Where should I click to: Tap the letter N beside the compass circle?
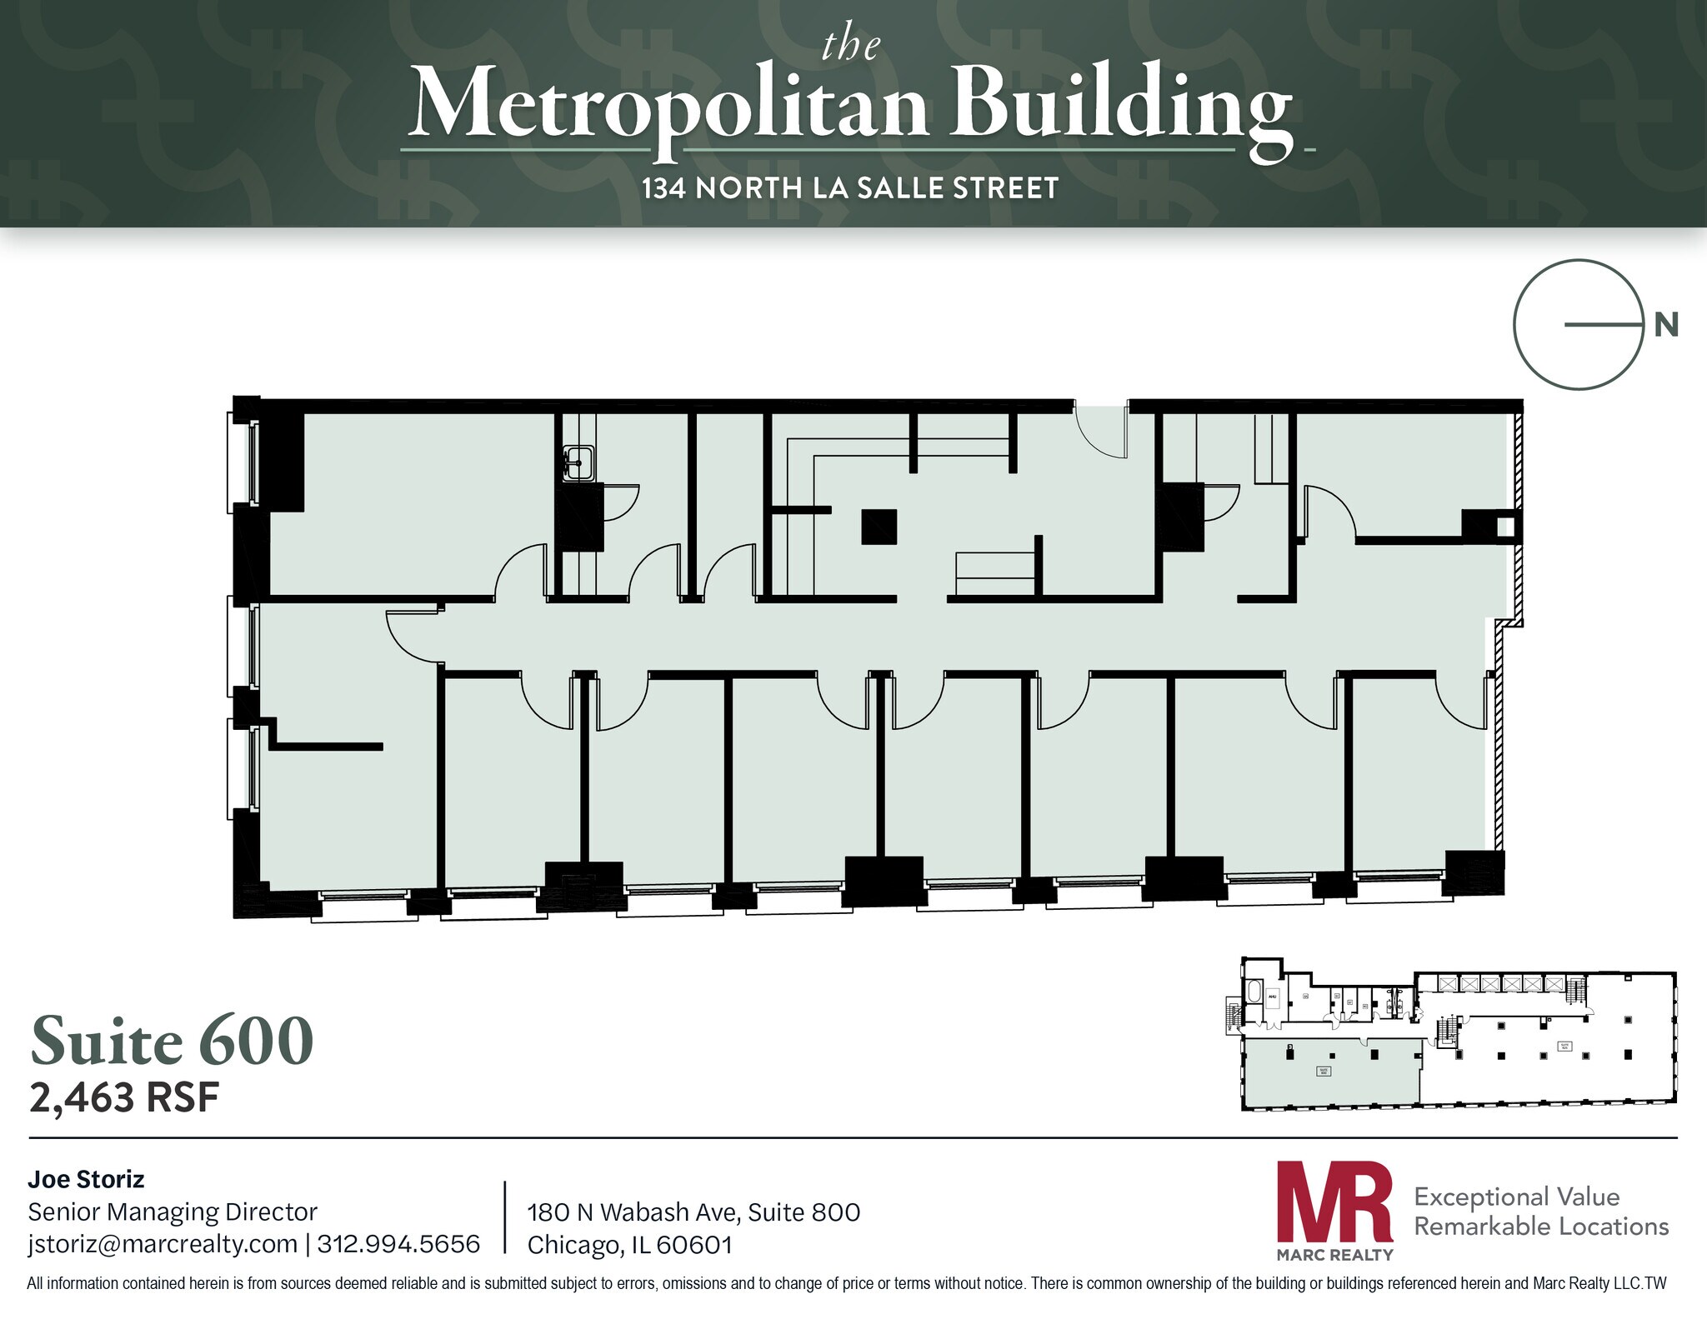1665,324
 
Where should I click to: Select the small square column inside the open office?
879,527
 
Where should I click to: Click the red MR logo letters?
1334,1202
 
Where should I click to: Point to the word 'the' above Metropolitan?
850,45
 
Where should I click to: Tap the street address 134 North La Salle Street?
850,188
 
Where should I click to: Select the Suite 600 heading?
172,1041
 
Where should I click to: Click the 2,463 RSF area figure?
124,1098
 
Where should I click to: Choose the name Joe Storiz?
86,1179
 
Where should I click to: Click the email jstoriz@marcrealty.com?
163,1244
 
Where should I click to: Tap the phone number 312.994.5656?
398,1244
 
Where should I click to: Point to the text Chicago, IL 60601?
630,1245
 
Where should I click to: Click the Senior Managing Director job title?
173,1212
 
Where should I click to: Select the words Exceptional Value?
1517,1197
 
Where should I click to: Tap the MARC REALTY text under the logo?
1334,1255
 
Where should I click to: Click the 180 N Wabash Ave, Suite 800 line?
693,1212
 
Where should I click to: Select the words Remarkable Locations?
1541,1227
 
